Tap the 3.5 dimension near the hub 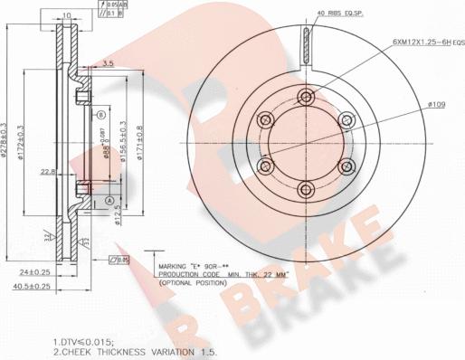[x=108, y=63]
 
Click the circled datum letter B [x=100, y=116]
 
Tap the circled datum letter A [x=109, y=200]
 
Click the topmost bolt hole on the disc [x=306, y=96]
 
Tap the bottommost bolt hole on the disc [x=306, y=189]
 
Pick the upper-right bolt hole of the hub [x=346, y=119]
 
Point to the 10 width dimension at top [x=67, y=15]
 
